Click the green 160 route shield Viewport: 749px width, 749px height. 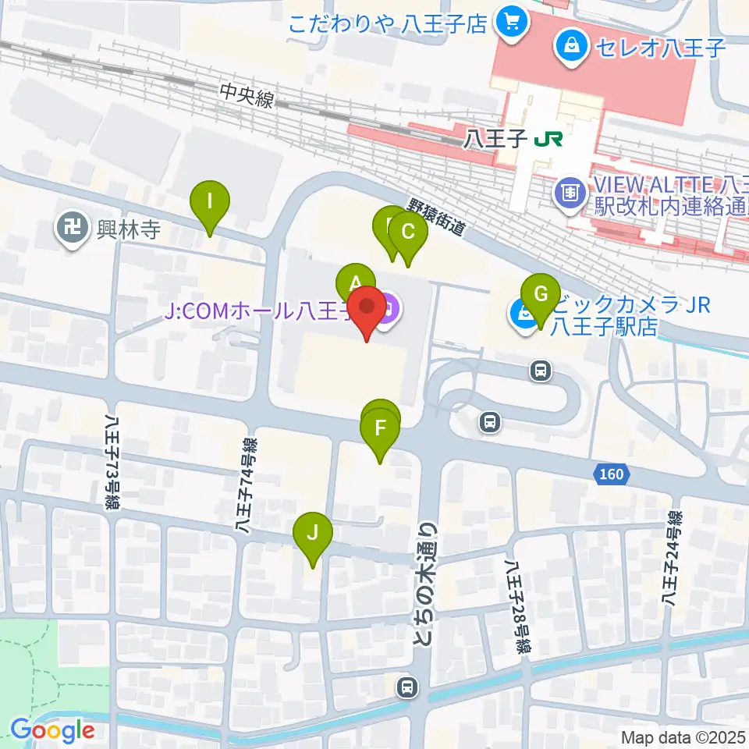coord(612,474)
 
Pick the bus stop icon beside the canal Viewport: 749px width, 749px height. coord(406,687)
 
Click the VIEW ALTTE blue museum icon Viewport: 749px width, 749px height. coord(571,190)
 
